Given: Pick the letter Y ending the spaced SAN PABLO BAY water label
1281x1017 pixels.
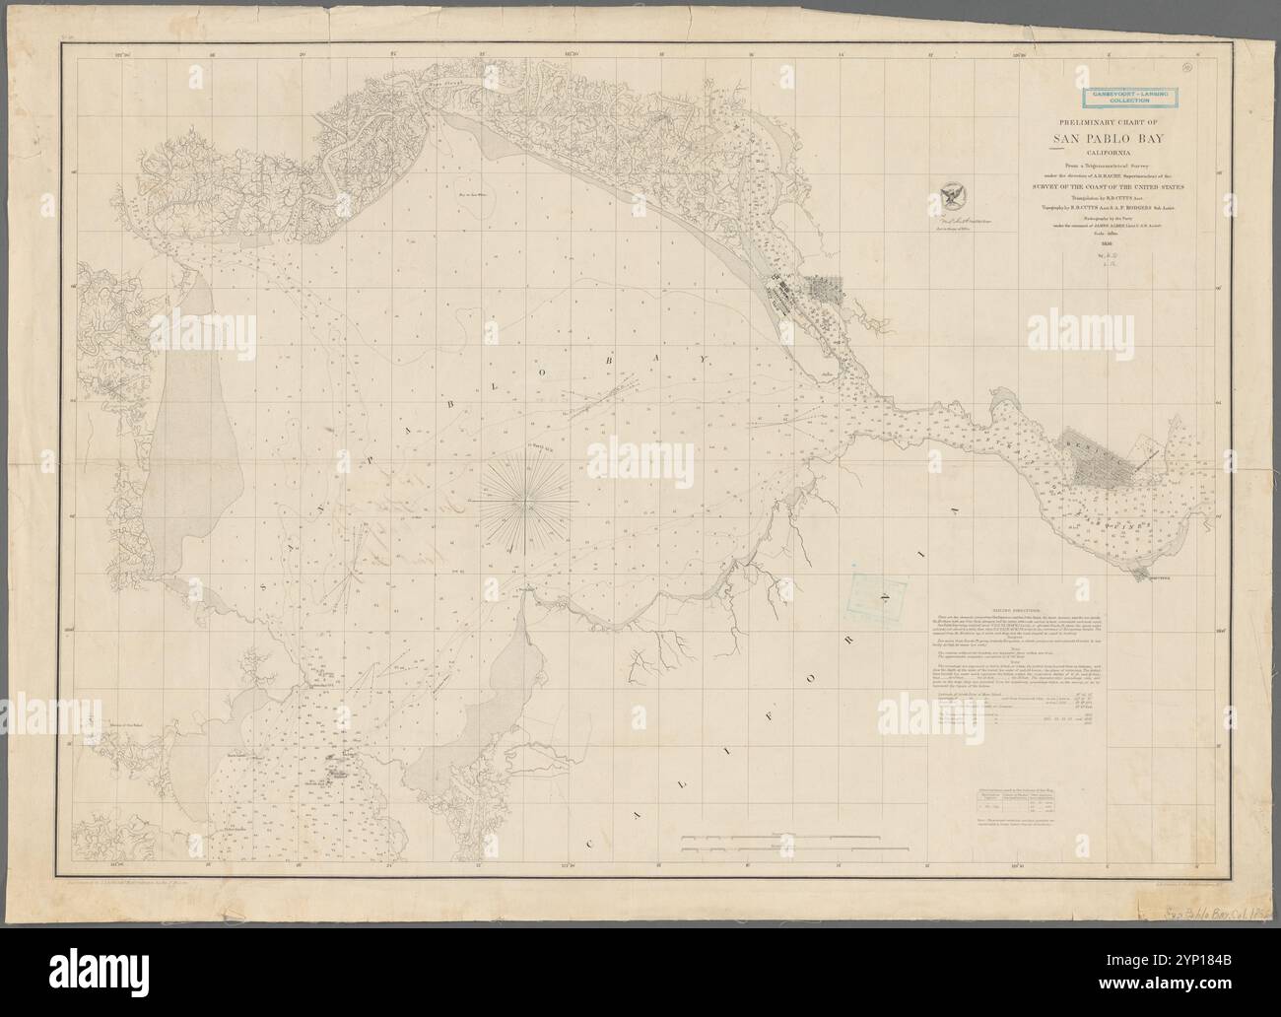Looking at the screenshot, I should (x=704, y=360).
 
